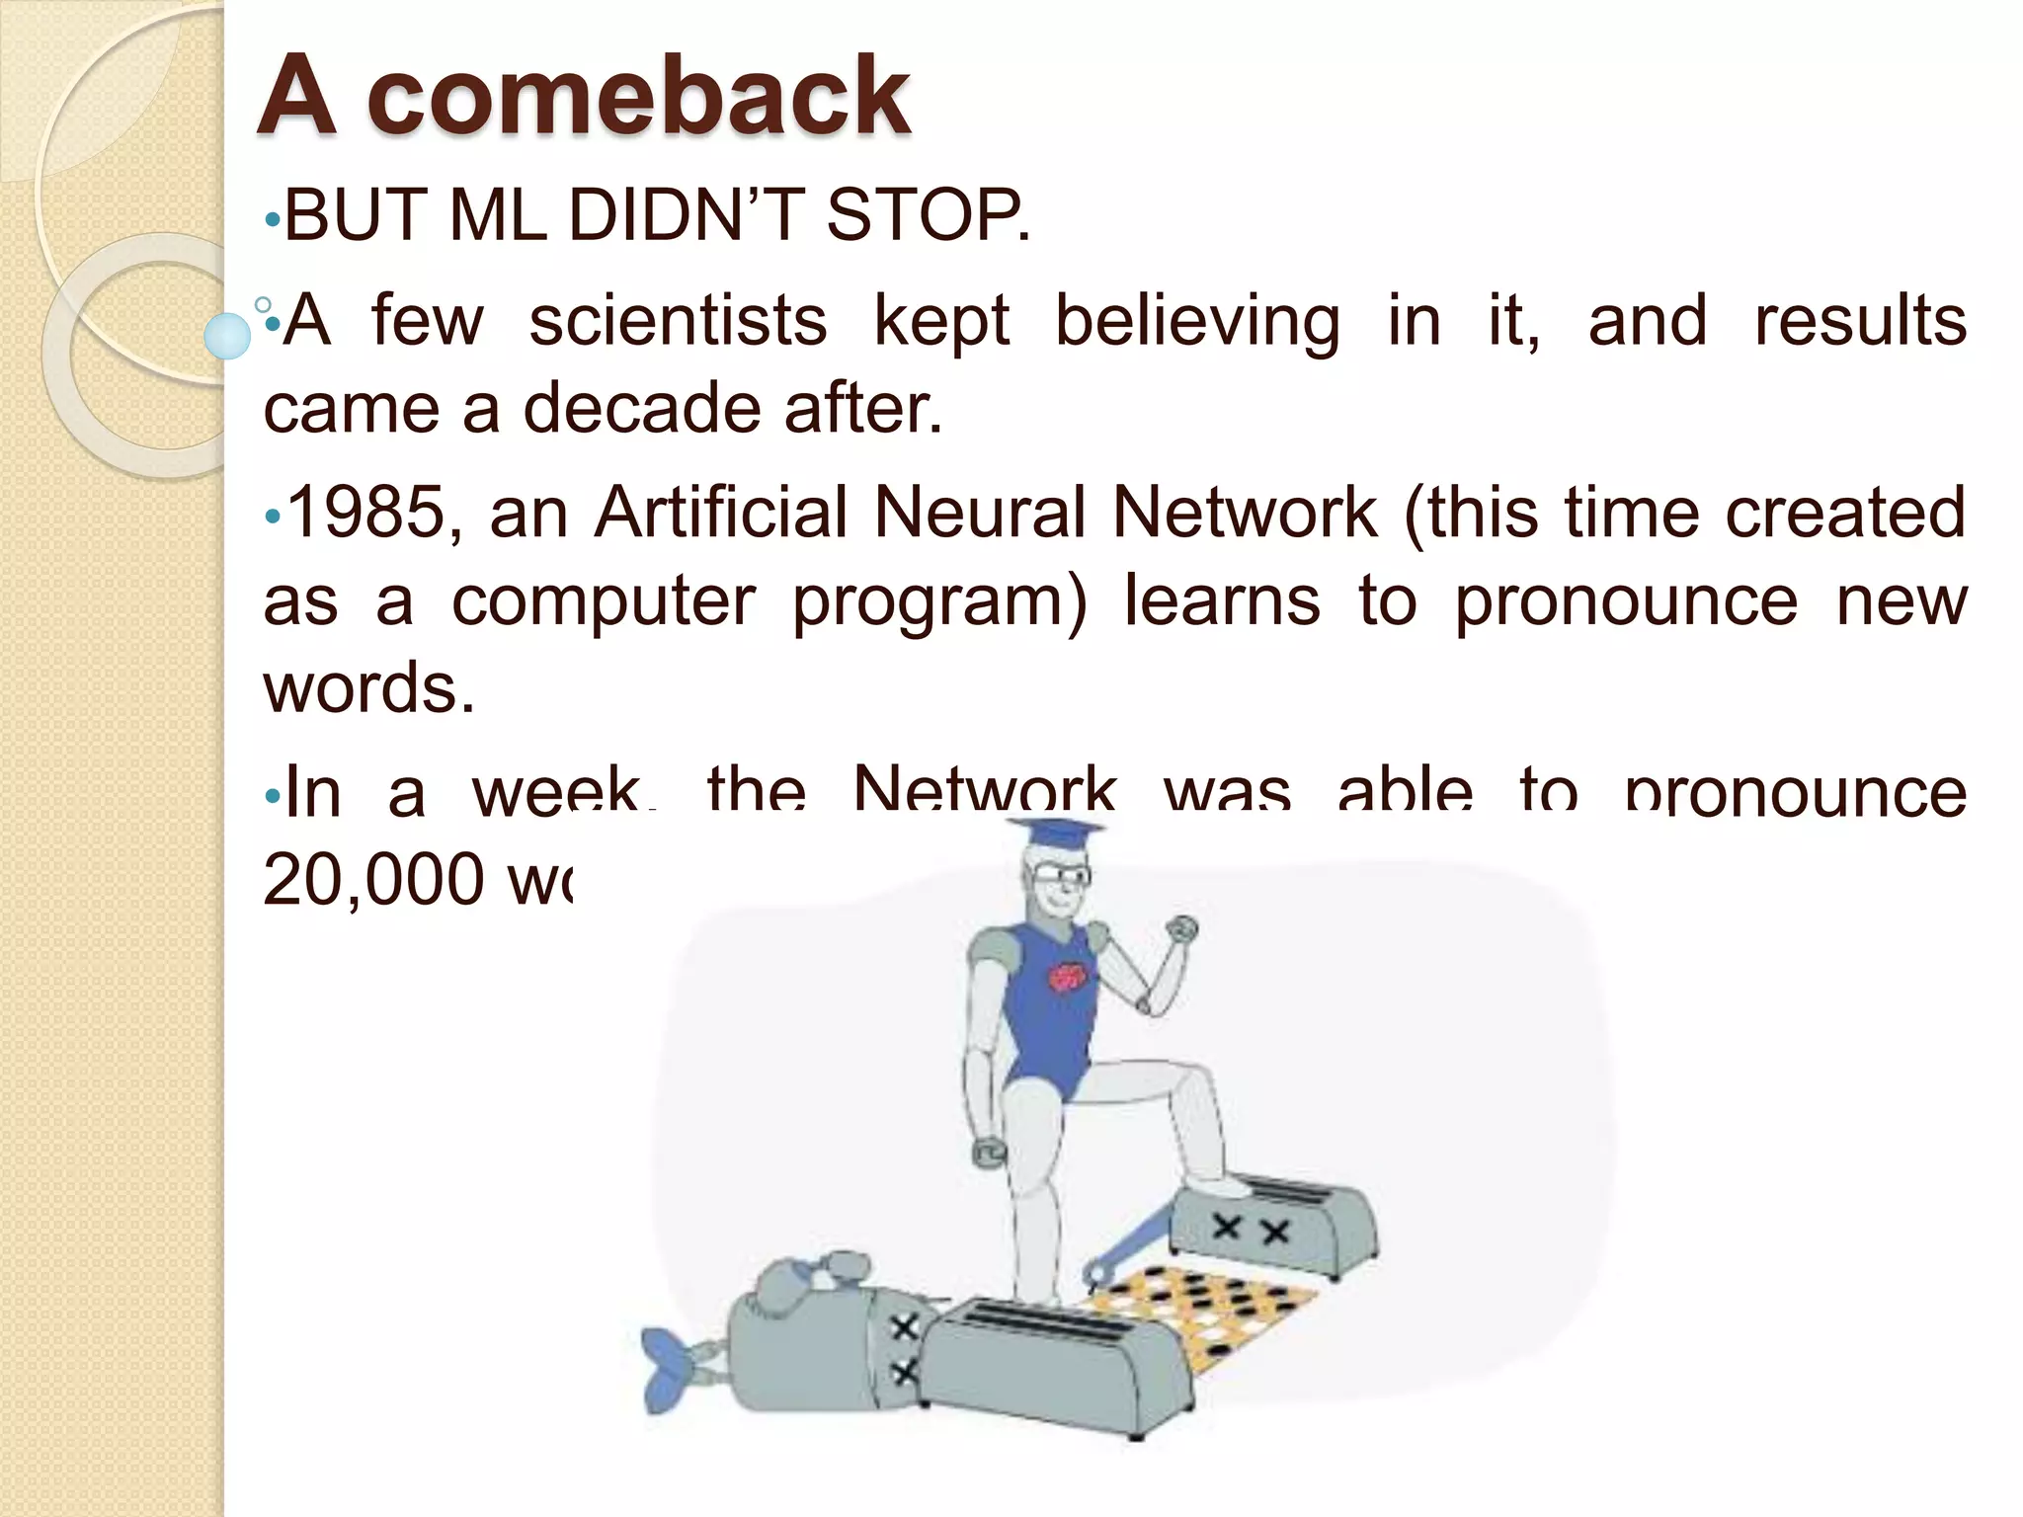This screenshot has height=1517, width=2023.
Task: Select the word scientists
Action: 678,321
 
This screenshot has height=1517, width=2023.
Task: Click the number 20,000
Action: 373,879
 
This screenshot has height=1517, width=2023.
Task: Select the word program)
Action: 938,600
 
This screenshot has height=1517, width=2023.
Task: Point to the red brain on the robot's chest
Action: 1067,977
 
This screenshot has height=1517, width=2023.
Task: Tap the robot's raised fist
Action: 1181,930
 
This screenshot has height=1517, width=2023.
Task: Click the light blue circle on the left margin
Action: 228,335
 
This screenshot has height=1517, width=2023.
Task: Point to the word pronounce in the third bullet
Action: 1626,600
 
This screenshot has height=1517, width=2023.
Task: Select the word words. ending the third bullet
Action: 369,687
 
